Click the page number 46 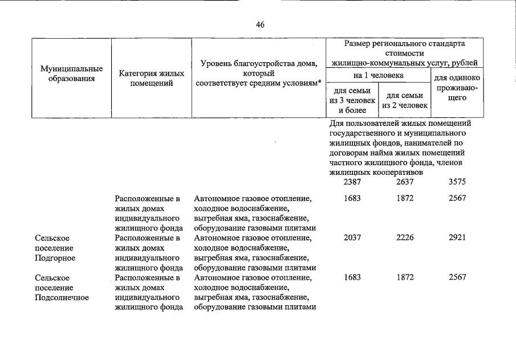(261, 25)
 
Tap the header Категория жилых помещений (151, 79)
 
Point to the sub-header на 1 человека (379, 75)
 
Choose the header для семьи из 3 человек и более (352, 100)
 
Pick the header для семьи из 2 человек (404, 100)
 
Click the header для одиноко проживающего (457, 88)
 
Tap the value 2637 (406, 182)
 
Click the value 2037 (354, 238)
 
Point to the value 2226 (406, 238)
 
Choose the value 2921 (457, 238)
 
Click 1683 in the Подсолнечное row (354, 277)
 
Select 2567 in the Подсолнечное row (457, 277)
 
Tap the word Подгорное (55, 258)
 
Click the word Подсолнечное (62, 298)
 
